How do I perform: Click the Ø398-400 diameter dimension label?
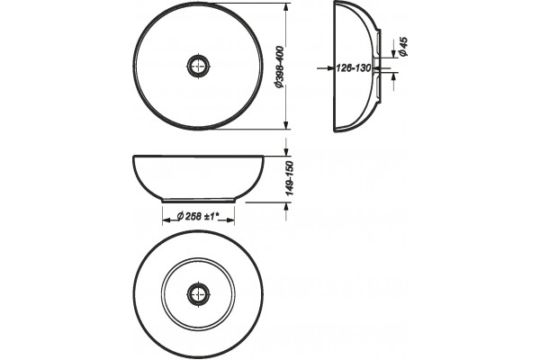(280, 67)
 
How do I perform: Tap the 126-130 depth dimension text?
(354, 68)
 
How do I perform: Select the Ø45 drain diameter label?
(403, 47)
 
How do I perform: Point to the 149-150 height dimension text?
(290, 178)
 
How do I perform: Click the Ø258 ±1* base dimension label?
(199, 216)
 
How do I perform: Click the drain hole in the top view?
(198, 66)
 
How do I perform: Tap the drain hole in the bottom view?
(198, 294)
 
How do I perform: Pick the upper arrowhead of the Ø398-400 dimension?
(285, 7)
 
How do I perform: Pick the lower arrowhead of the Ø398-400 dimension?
(285, 125)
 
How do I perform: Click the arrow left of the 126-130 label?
(326, 68)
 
